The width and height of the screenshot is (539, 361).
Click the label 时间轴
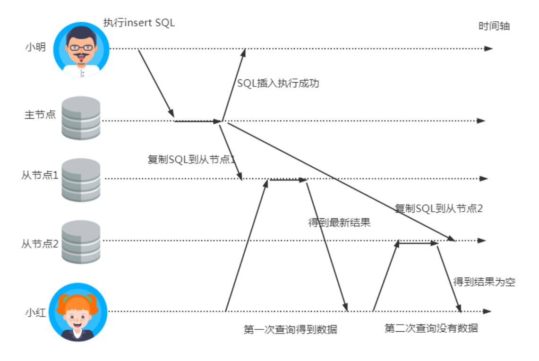[x=494, y=26]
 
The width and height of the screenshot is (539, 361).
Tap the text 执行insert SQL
[x=139, y=23]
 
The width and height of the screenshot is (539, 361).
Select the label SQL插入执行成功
[x=278, y=83]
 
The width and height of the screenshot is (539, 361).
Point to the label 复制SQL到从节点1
[x=191, y=159]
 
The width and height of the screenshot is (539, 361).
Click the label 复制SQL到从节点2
[x=439, y=208]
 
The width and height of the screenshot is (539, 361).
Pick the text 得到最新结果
[x=339, y=223]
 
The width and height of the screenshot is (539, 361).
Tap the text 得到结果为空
[x=484, y=282]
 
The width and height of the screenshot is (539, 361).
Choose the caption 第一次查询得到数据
[x=291, y=329]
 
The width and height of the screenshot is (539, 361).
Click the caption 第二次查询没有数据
[x=431, y=328]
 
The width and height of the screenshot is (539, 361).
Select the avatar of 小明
[x=81, y=50]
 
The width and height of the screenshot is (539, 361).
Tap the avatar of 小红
[x=78, y=312]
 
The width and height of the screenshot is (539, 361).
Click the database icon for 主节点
[x=81, y=118]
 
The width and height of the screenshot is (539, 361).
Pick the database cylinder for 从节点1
[x=81, y=180]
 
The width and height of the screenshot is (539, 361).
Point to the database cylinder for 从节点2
[x=81, y=242]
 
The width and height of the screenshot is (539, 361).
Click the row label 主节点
[x=40, y=114]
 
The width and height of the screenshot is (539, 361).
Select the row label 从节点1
[x=40, y=175]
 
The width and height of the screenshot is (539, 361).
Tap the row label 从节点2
[x=40, y=244]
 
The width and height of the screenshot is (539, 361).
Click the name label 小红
[x=35, y=312]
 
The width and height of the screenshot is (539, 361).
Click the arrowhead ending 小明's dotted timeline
[x=488, y=49]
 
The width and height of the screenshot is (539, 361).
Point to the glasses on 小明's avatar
[x=81, y=47]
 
